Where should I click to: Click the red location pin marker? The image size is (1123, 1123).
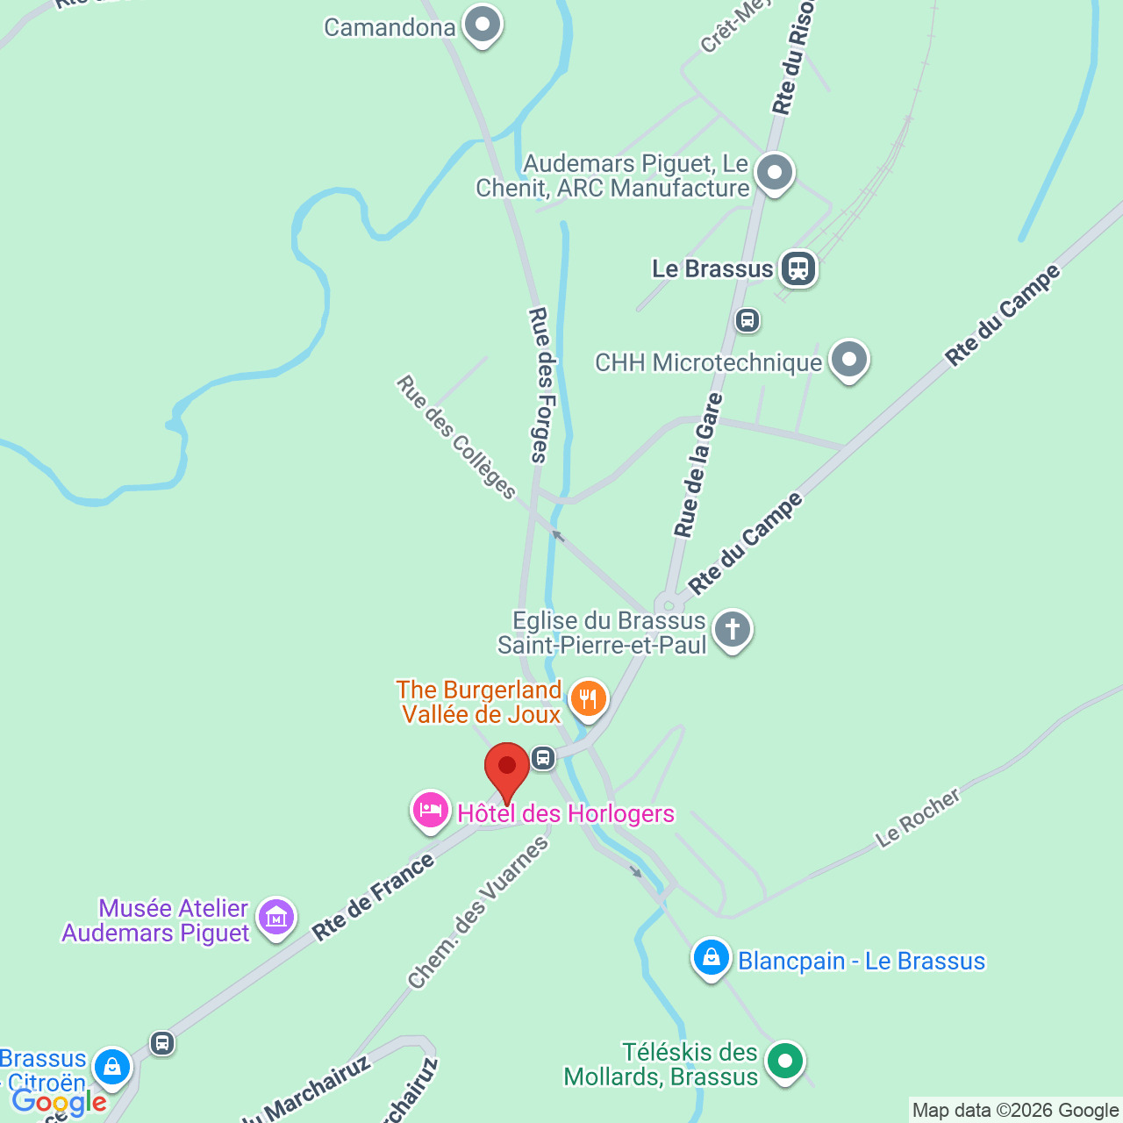[x=507, y=769]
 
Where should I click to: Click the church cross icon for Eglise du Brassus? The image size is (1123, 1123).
[x=732, y=630]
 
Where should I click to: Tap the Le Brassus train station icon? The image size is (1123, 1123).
[x=798, y=268]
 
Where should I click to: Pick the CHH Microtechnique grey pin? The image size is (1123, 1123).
[x=848, y=360]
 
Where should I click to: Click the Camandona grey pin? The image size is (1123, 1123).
[x=482, y=25]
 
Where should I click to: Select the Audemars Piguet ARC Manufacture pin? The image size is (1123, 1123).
[x=774, y=174]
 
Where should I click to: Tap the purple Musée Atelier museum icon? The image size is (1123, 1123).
[x=276, y=918]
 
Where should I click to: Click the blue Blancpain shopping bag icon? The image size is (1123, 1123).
[x=711, y=958]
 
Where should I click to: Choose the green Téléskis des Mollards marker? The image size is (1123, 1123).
[x=784, y=1062]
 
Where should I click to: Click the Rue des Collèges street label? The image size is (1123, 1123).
[x=456, y=437]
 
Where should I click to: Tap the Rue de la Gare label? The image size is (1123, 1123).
[x=697, y=465]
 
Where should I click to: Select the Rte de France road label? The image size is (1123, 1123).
[x=374, y=897]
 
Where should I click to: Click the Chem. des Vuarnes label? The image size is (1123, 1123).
[x=478, y=912]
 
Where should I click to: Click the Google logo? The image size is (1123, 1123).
[x=59, y=1102]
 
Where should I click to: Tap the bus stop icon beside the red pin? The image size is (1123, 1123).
[x=543, y=758]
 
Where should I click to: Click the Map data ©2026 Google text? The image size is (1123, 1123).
[x=1015, y=1111]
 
